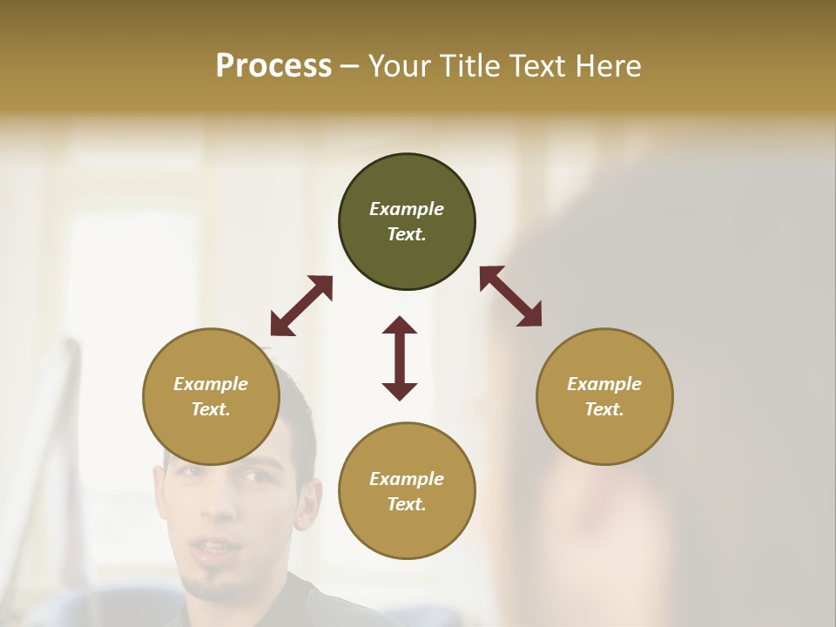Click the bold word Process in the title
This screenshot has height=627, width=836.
coord(273,66)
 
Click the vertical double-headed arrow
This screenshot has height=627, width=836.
coord(400,358)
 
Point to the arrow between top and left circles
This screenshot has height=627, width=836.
coord(301,306)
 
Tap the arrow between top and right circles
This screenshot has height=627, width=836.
coord(510,296)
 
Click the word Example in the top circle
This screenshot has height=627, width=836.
coord(407,209)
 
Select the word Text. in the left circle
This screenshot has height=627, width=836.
coord(211,409)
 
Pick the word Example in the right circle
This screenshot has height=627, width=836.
coord(604,384)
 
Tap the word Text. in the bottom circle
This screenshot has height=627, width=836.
coord(407,504)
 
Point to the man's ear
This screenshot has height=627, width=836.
coord(306,503)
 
